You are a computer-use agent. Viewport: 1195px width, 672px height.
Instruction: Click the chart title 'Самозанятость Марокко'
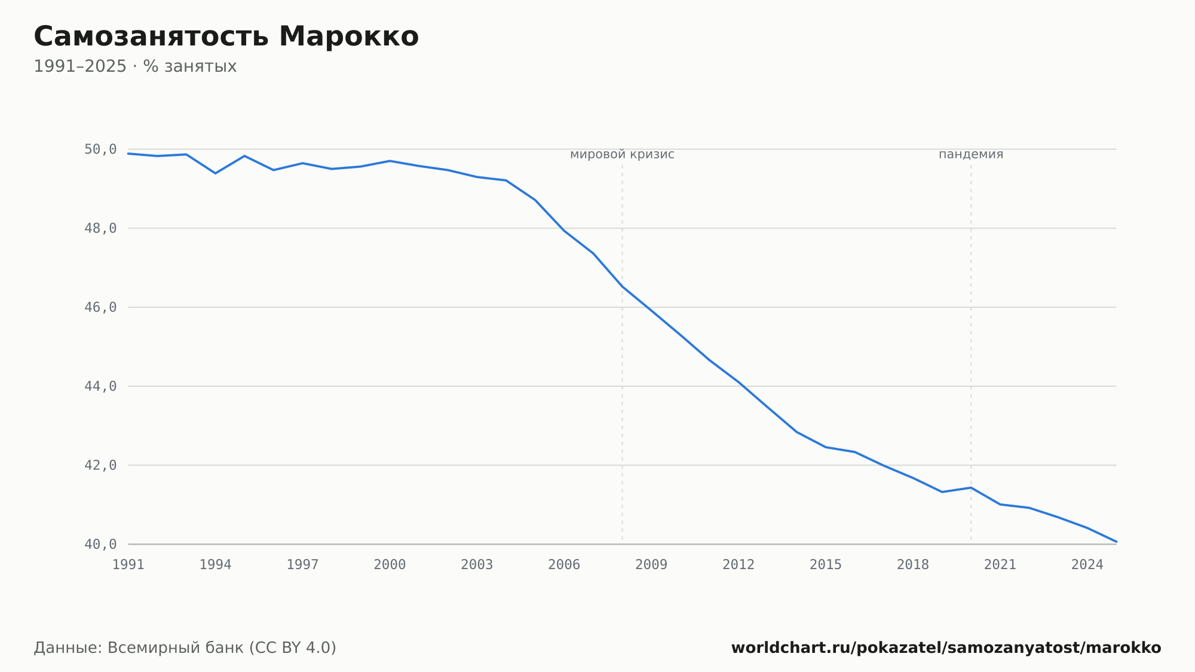click(226, 36)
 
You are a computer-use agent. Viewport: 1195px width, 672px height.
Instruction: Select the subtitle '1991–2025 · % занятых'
click(135, 66)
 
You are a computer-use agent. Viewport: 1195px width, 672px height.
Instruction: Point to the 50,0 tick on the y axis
click(100, 149)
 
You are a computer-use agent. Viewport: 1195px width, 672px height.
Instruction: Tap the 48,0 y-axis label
click(100, 228)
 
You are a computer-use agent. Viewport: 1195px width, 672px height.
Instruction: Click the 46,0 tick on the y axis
click(100, 307)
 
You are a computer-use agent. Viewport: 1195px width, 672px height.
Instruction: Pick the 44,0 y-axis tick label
click(100, 386)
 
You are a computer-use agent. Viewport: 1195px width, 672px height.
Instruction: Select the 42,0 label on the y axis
click(100, 465)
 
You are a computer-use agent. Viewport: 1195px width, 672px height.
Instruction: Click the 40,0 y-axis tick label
click(100, 544)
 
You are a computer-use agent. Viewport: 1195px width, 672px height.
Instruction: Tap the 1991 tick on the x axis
click(128, 565)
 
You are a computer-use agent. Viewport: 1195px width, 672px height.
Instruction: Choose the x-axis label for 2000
click(390, 565)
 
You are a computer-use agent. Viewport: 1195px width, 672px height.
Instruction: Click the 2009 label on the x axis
click(651, 565)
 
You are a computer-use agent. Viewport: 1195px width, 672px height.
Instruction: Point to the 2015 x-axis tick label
click(826, 565)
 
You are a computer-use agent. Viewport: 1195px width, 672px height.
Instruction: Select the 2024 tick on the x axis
click(1087, 565)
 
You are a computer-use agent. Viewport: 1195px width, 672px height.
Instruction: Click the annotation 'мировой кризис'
click(622, 155)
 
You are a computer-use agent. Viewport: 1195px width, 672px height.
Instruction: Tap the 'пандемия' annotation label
click(971, 155)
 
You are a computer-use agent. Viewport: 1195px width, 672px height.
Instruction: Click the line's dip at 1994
click(215, 173)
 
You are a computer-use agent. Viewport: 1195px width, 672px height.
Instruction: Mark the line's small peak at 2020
click(971, 488)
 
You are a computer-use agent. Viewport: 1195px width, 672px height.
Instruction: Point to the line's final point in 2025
click(1116, 542)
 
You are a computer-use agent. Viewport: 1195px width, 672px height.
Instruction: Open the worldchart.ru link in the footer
click(946, 648)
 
